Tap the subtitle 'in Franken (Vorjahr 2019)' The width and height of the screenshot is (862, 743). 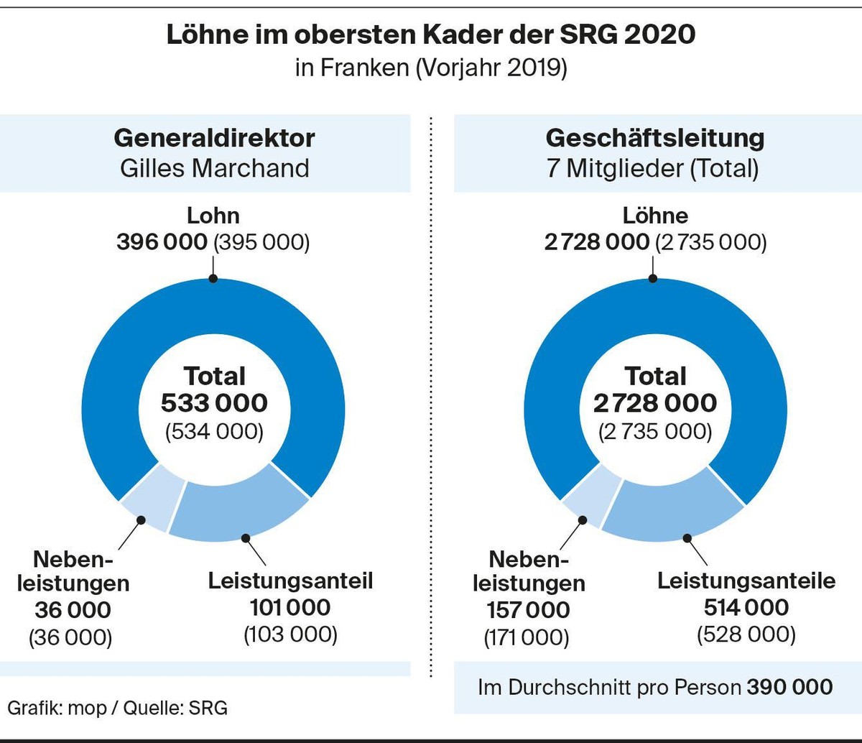tap(431, 68)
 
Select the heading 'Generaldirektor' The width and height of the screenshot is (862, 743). tap(214, 138)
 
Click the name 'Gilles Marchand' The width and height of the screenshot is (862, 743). tap(214, 169)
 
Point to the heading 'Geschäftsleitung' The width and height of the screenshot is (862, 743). tap(654, 139)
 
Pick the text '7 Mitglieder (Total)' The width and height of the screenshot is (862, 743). tap(652, 169)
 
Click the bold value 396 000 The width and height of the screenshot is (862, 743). tap(162, 242)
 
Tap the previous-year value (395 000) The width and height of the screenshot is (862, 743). tap(262, 242)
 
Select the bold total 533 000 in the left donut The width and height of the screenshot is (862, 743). tap(214, 403)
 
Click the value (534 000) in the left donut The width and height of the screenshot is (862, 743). tap(214, 432)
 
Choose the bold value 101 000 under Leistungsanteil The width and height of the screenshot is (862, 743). tap(290, 607)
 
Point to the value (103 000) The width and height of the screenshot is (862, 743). tap(291, 634)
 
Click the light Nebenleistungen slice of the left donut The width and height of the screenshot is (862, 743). tap(152, 497)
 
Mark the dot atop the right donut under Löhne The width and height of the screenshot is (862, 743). tap(654, 279)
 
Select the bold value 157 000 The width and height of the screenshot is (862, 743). tap(528, 610)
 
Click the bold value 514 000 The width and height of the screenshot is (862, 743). tap(746, 607)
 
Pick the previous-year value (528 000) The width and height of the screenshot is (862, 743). tap(746, 634)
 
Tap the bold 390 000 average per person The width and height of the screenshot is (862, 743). tap(790, 688)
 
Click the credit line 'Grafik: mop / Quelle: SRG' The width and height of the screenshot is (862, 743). tap(118, 708)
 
